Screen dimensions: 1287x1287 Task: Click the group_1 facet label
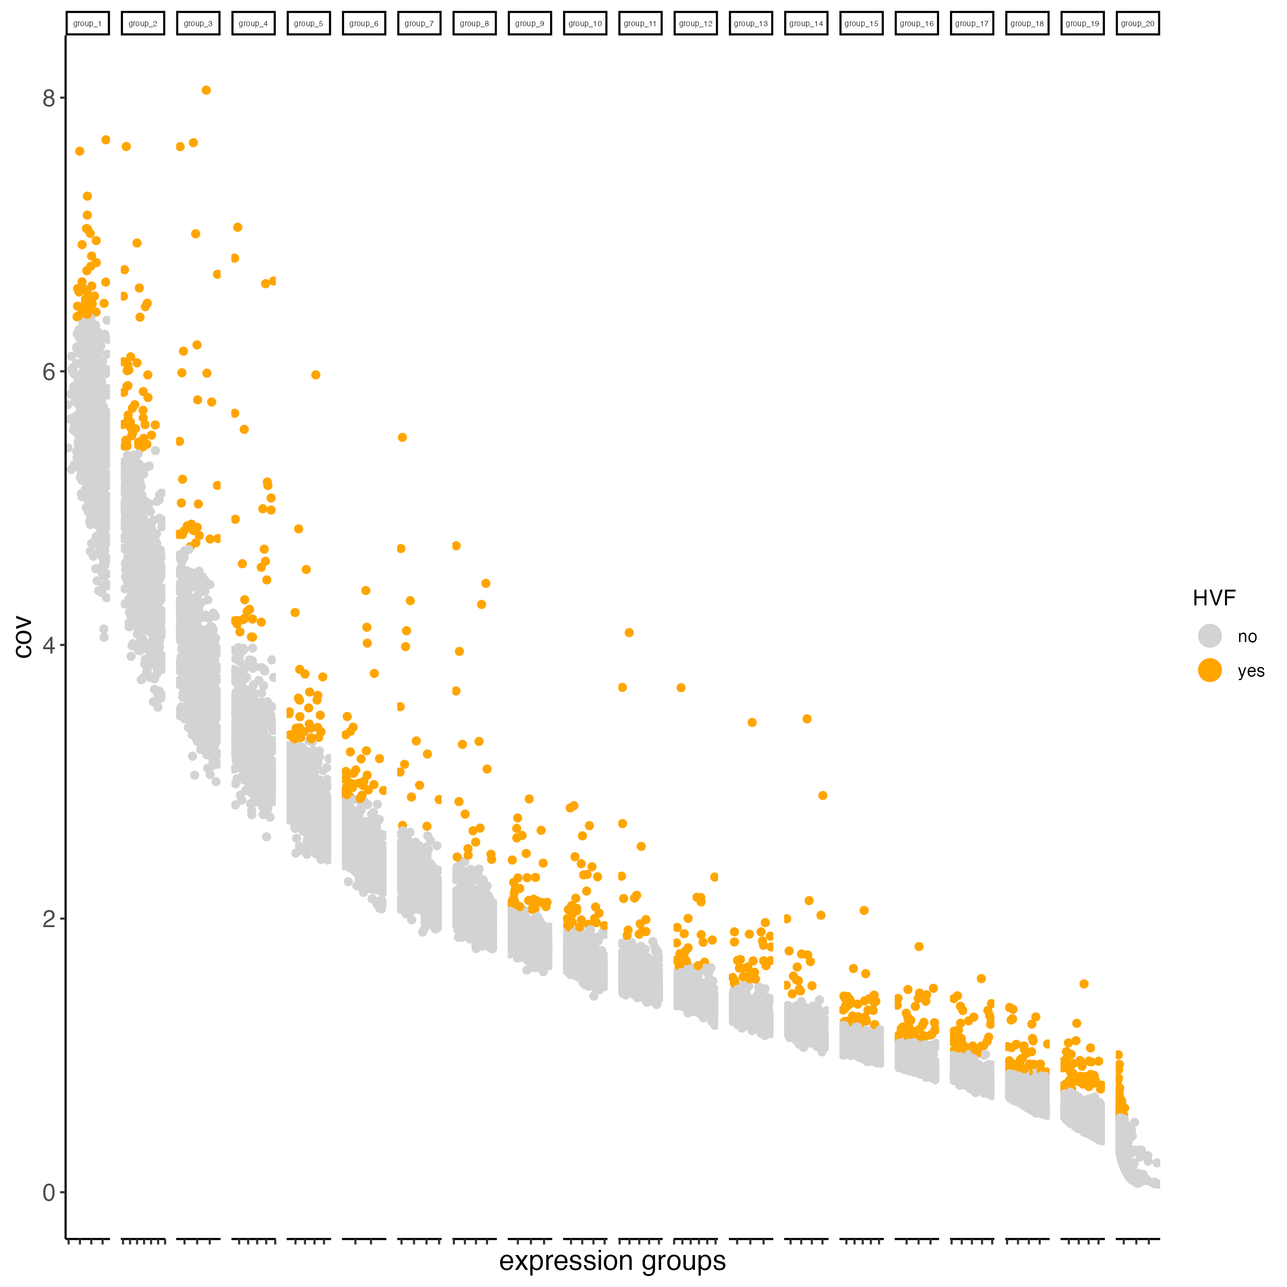87,23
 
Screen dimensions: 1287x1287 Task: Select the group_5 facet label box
308,23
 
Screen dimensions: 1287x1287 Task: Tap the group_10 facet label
585,23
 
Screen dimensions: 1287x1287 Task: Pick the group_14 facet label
806,23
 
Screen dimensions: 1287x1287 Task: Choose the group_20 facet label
1137,23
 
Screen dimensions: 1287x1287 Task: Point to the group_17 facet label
971,23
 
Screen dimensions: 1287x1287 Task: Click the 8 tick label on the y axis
48,99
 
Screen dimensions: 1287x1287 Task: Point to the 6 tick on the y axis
48,372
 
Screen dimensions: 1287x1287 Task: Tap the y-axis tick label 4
48,645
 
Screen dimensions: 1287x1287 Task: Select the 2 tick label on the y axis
48,919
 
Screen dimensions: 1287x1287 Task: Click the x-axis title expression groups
612,1261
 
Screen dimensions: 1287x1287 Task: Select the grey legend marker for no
1210,635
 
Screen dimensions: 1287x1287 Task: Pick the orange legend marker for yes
1210,670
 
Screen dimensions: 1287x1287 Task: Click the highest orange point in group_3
206,91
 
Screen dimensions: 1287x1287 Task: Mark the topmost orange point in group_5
316,375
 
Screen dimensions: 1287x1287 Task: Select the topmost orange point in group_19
1084,984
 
